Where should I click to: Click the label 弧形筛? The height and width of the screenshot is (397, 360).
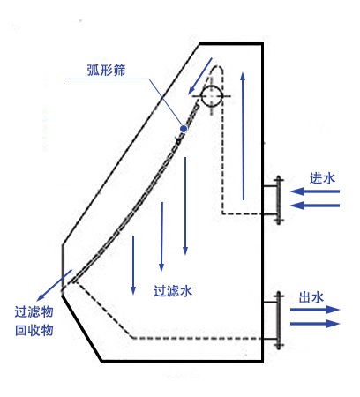click(106, 70)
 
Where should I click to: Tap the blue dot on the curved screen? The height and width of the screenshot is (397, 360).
click(184, 129)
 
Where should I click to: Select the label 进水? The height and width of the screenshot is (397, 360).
click(322, 178)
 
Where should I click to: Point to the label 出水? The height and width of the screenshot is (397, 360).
click(311, 297)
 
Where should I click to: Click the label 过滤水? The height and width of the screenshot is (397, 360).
click(173, 291)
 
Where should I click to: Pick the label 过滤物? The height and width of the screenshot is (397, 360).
click(34, 311)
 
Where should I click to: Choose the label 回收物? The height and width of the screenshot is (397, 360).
click(34, 330)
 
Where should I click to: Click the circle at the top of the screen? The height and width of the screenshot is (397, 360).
click(212, 96)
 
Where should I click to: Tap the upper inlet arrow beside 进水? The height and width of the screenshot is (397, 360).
click(315, 191)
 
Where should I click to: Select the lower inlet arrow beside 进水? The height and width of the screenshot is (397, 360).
click(315, 206)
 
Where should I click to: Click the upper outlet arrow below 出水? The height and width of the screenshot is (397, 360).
click(315, 310)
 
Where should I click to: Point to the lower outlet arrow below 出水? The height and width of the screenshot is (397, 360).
click(315, 324)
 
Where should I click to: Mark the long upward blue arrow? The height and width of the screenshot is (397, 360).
click(243, 136)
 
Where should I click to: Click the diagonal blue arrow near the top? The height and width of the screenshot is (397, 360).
click(200, 76)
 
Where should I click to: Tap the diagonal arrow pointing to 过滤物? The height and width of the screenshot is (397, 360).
click(55, 285)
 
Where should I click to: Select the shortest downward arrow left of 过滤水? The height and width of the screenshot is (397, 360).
click(133, 265)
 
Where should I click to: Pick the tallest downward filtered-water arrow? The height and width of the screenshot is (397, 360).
click(185, 206)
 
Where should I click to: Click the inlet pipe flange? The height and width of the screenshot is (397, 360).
click(278, 200)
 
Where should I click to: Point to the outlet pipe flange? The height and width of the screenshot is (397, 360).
click(278, 320)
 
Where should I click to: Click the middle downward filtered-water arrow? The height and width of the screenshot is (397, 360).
click(161, 236)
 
